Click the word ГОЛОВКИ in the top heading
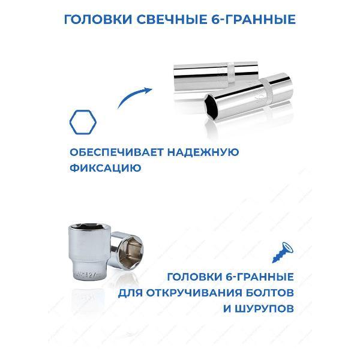(99, 20)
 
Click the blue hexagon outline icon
(82, 122)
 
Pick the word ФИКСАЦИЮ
(105, 169)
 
